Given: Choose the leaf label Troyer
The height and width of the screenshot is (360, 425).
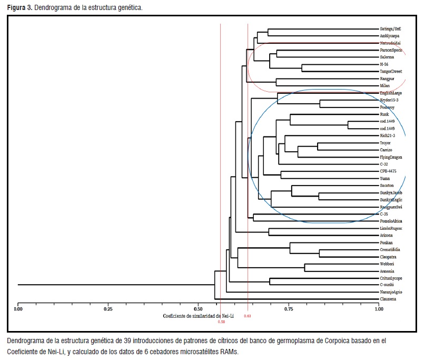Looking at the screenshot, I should (386, 143).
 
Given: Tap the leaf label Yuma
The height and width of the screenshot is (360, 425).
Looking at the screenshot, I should (385, 179).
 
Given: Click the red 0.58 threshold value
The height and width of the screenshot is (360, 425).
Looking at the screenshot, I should (221, 321).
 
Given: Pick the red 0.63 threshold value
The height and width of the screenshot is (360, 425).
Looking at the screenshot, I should (248, 316).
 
